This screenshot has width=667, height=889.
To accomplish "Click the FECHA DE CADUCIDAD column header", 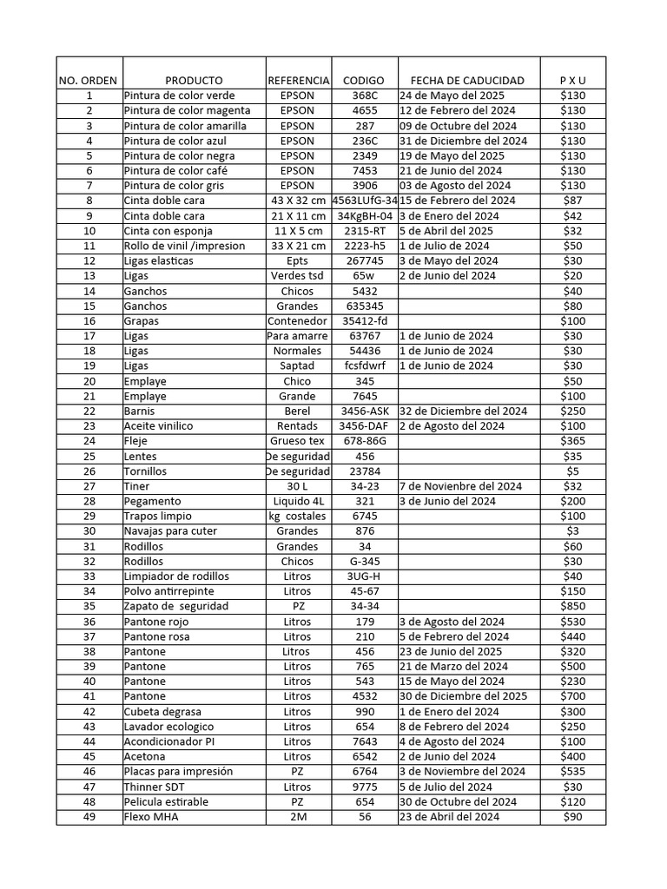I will pos(467,80).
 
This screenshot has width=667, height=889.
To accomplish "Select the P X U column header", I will pos(572,80).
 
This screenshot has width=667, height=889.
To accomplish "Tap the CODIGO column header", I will pos(364,80).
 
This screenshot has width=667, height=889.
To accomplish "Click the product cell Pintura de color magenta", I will pos(187,110).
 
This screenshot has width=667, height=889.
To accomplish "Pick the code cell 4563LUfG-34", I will pos(365,201).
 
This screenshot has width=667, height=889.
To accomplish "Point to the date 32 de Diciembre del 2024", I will pos(464,411).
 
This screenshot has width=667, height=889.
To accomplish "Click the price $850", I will pos(572,606).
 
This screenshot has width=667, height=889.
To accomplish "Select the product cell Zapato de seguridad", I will pos(176,606).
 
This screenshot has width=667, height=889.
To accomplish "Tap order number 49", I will pos(89,816).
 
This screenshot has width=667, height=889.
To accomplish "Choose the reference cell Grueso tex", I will pos(297,441).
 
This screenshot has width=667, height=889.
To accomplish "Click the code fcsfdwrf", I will pos(364,365).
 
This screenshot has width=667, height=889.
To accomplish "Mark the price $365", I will pos(572,441).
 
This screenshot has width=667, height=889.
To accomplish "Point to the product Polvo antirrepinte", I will pos(169,591).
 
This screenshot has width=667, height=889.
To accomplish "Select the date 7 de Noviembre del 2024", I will pos(461,486).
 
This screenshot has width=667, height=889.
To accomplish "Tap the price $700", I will pos(572,696).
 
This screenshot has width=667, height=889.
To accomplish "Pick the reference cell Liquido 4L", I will pos(297,501).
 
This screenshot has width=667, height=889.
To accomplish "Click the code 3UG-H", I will pos(364,576).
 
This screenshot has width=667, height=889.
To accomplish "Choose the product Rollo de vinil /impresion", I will pos(184,246).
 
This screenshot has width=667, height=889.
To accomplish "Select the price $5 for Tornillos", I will pos(572,471).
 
